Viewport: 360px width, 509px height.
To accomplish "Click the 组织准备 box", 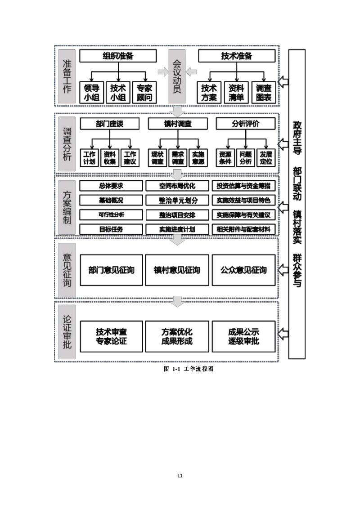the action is coord(118,56).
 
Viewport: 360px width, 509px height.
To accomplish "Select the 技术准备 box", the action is coord(237,56).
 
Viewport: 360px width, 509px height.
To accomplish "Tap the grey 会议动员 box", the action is coord(177,76).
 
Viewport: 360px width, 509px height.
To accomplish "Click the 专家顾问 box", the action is coord(144,93).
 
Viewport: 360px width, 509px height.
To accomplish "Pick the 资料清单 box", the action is coord(236,93).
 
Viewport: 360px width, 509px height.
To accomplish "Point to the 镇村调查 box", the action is coord(178,124).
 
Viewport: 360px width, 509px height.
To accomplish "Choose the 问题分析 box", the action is coord(246,158).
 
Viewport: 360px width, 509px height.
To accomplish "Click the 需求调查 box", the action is coord(178,158).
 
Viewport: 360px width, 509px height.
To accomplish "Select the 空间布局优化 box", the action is coord(177,186).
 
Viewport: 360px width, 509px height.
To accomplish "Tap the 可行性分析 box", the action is coord(111,215).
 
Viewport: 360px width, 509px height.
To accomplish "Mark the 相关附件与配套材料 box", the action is coord(244,229).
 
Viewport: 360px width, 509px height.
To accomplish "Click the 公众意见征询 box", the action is coord(244,270).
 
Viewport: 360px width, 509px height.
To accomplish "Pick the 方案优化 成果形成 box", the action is coord(177,337).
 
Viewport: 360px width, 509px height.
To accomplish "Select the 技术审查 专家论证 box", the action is coord(111,337).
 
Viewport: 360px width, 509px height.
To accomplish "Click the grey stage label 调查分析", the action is coord(67,144).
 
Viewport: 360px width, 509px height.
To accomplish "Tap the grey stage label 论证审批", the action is coord(67,332).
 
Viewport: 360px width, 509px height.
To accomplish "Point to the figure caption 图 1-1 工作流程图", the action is coord(189,369).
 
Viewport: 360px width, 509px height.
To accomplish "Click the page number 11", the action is coord(180,476).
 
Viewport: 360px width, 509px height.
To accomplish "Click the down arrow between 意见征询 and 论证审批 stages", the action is coord(177,301).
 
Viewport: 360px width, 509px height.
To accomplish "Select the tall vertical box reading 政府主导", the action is coord(297,204).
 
